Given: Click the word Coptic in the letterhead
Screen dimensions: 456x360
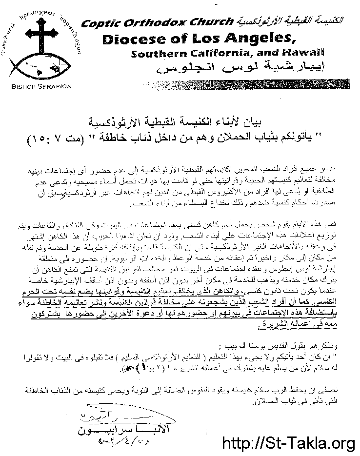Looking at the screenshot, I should [x=100, y=22].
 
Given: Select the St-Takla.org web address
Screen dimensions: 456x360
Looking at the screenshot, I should [x=288, y=444].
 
